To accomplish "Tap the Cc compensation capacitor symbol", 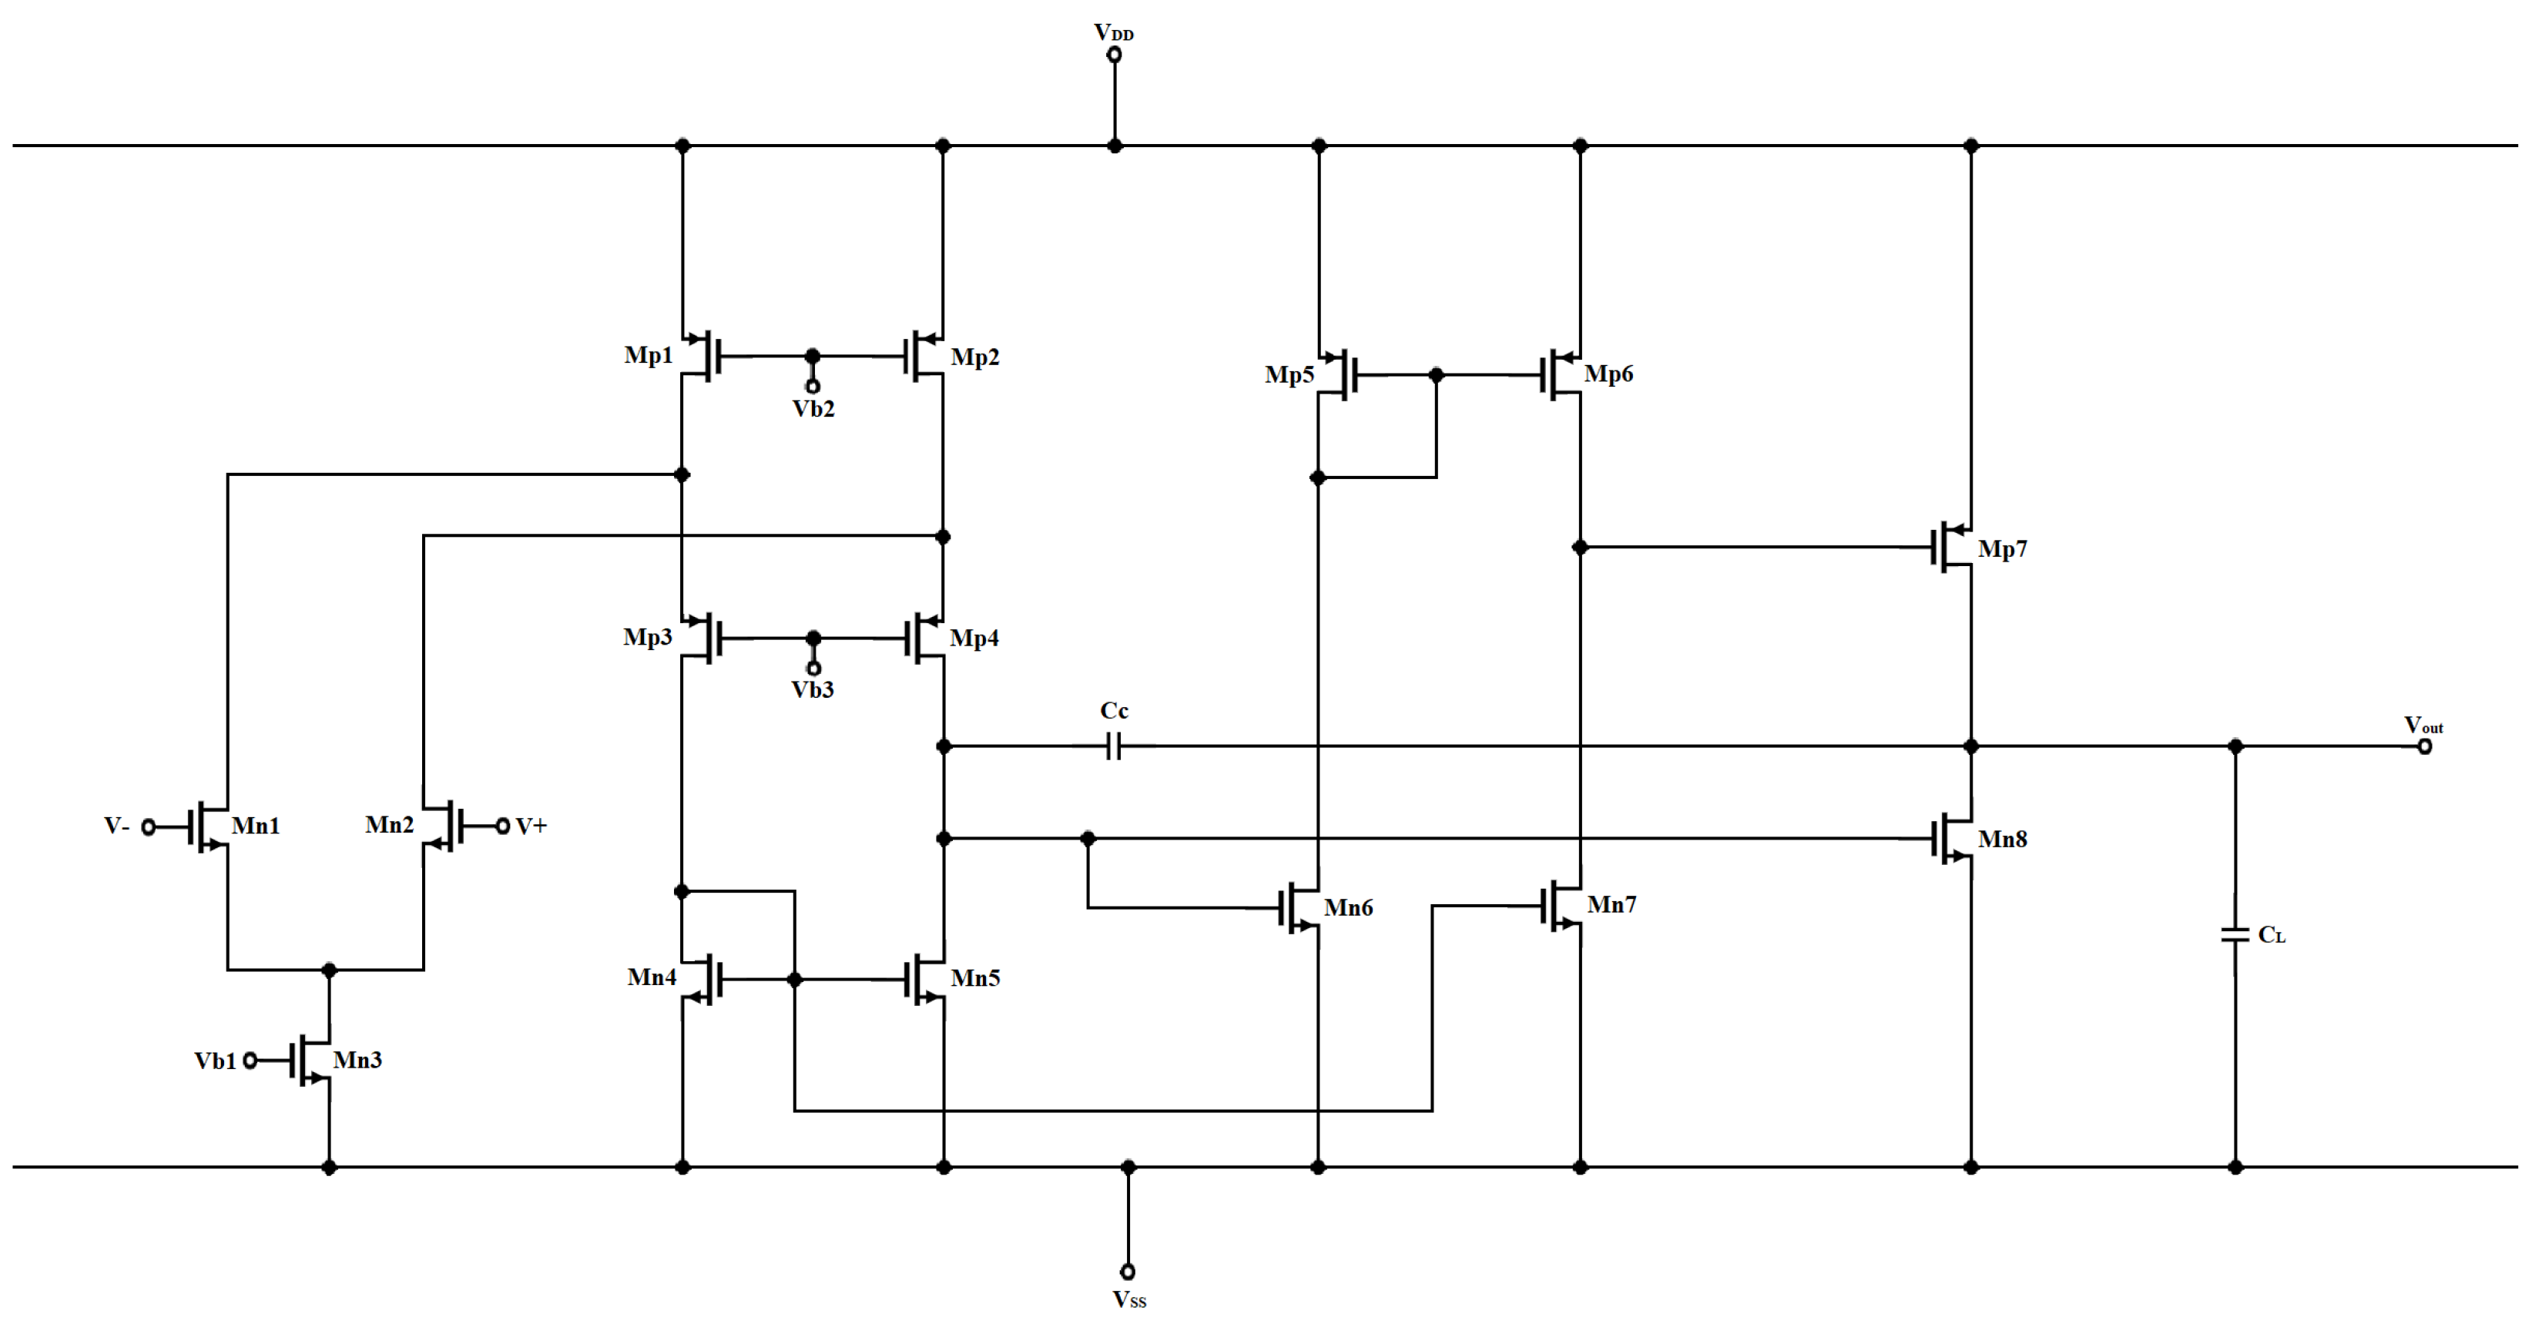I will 1114,746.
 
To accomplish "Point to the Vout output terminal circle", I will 2425,746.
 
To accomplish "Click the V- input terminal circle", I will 149,827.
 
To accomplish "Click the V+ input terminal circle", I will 502,826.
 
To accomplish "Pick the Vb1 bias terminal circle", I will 250,1061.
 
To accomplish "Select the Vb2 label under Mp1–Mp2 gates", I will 813,409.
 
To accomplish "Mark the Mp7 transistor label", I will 2003,549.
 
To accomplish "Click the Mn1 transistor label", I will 255,826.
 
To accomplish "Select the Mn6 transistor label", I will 1348,908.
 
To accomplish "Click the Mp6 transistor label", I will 1608,374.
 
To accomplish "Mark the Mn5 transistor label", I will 974,979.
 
